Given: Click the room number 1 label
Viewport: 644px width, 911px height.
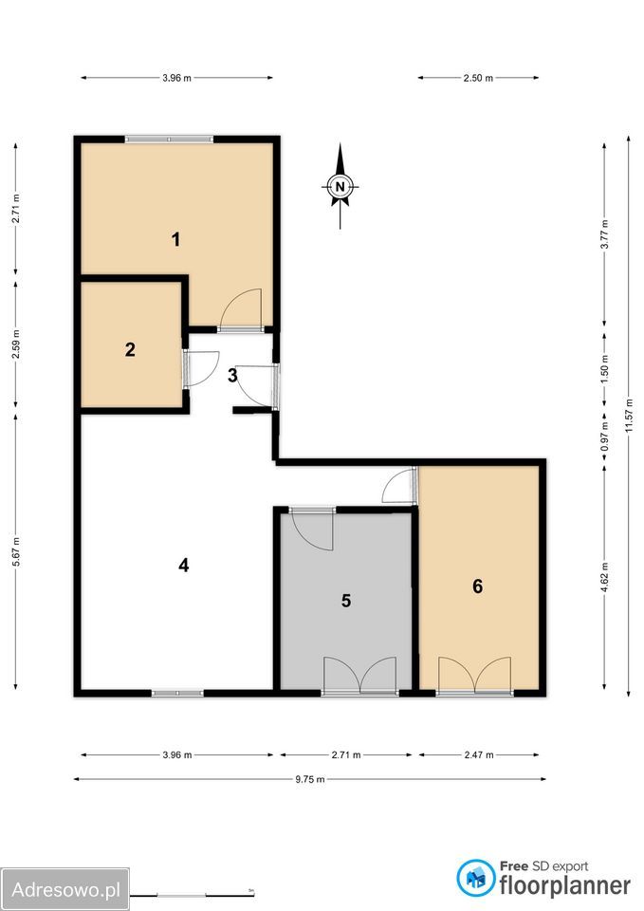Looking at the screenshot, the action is point(176,239).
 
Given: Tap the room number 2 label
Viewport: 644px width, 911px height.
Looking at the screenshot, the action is point(130,349).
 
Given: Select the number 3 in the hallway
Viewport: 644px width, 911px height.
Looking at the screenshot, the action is point(232,376).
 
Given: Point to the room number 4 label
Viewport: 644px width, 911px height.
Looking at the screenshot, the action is point(183,565).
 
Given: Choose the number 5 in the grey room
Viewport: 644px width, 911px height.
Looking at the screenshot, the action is point(346,600).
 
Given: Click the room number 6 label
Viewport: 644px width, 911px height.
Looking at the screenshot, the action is point(477,586).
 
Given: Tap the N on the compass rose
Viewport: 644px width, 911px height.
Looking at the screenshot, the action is point(340,187).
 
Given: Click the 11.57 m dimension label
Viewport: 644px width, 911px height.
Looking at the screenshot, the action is point(629,416).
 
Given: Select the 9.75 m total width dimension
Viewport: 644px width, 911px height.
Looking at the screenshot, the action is point(309,779).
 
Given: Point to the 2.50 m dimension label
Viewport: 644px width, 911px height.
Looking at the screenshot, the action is point(478,78).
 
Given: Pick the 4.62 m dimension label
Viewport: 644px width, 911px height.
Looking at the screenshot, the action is point(605,578).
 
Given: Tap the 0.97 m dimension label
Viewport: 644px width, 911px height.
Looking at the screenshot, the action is point(605,437).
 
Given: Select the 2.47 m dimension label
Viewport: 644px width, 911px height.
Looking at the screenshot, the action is point(479,754).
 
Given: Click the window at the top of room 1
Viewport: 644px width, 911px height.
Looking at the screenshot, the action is point(169,139).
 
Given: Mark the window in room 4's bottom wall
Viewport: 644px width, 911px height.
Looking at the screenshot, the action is point(177,693).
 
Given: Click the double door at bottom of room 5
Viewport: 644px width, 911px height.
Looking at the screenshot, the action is point(360,676).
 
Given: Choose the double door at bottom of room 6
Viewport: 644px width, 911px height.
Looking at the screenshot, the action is point(475,676).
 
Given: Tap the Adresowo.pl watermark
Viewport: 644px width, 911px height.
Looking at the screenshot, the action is point(65,889).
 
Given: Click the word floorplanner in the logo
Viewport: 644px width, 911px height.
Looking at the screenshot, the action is point(565,885).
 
